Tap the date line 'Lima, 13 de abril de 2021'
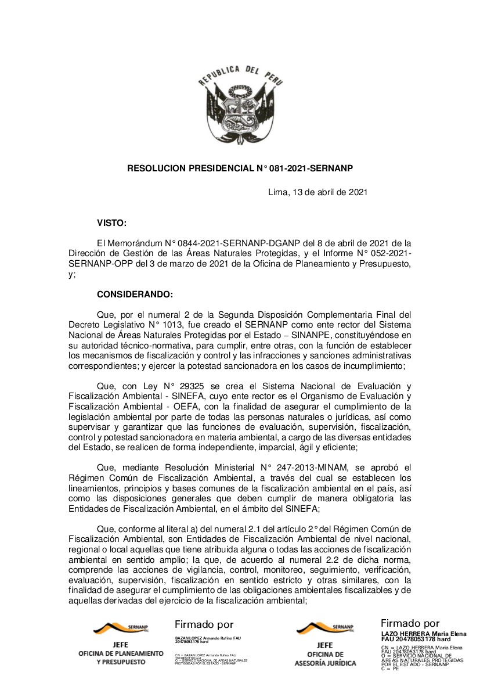coord(317,192)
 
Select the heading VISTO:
coord(111,222)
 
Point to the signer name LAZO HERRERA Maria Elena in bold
coord(423,634)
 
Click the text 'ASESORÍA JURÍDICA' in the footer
coord(324,663)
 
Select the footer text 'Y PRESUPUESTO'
coord(121,662)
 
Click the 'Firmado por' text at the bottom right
coord(410,624)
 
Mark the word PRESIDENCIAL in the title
coord(220,168)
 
